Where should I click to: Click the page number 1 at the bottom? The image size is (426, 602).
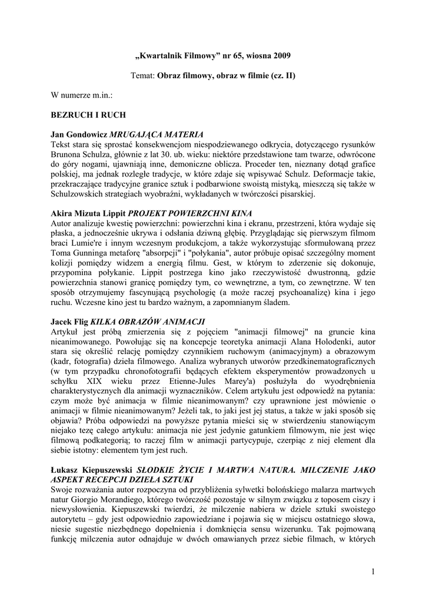pos(373,571)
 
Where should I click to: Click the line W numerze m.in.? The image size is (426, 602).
pos(82,94)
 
